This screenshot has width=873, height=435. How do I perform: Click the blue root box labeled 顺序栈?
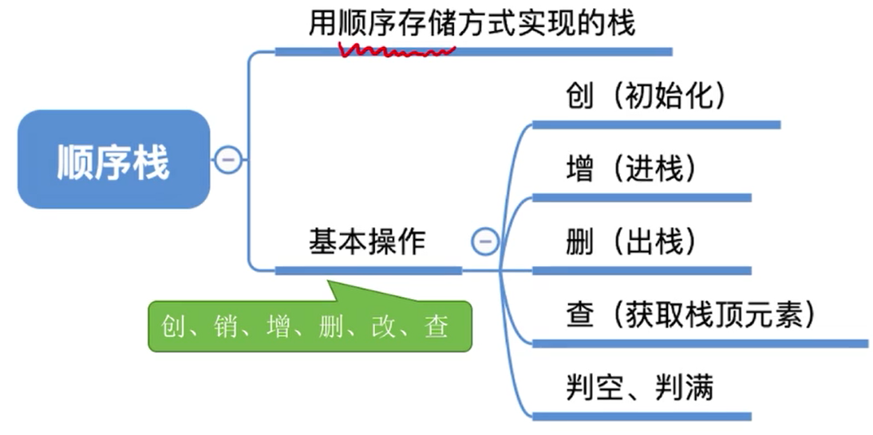pos(113,159)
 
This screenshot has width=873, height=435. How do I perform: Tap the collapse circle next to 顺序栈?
pos(227,160)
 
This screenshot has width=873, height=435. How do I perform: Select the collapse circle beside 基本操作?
pos(484,241)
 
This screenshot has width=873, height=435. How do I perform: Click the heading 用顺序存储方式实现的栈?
pos(472,24)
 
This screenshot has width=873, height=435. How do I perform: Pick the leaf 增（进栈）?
pos(630,169)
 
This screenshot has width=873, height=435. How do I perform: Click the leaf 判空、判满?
pos(639,388)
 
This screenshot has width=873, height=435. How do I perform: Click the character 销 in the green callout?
pos(226,327)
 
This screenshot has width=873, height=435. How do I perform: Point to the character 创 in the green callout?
pos(173,327)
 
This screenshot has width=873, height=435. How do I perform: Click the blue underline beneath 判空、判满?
pos(642,416)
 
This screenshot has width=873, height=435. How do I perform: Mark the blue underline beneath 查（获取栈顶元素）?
pos(700,343)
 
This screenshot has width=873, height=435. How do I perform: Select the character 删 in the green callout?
pos(331,327)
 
